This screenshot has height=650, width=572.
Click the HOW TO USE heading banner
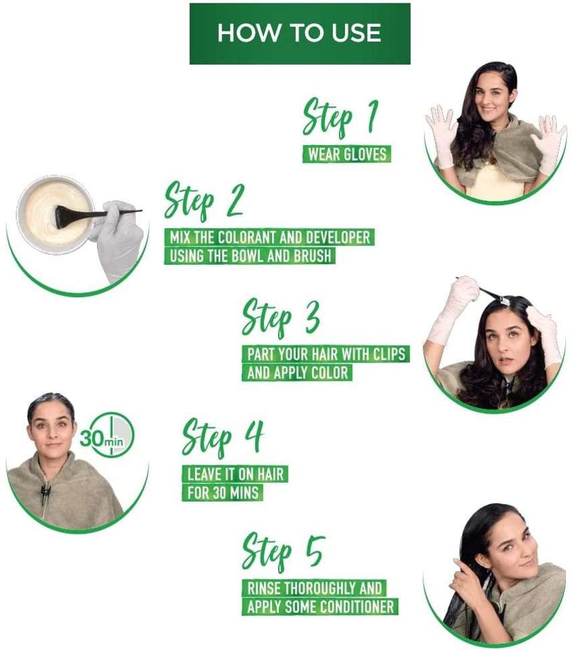(299, 33)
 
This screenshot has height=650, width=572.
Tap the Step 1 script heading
(341, 118)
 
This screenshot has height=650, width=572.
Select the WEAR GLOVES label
(347, 154)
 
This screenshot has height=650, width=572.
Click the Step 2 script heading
(204, 201)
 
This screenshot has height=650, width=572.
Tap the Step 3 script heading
(281, 318)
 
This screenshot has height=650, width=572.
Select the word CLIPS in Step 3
(390, 354)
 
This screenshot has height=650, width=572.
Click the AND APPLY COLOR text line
(297, 372)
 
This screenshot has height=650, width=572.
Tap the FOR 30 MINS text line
(223, 493)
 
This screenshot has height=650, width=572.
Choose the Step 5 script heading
(283, 554)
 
